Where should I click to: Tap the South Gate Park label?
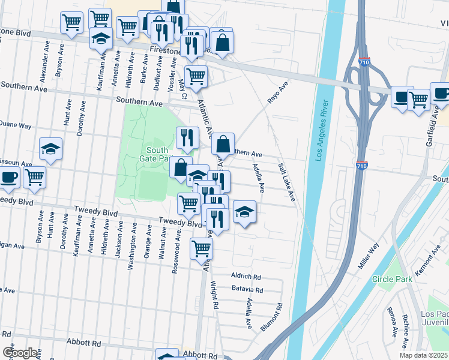pos(157,155)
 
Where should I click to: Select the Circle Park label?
pos(392,279)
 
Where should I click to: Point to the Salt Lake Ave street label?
pos(287,182)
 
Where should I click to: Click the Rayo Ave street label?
pos(278,93)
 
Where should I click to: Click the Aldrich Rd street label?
pos(246,277)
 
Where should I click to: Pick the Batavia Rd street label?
pos(247,290)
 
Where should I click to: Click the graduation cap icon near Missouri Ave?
pos(51,148)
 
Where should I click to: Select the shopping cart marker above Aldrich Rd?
pos(201,247)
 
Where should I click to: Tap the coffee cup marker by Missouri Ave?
pos(9,176)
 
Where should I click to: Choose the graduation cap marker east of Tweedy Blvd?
pos(244,212)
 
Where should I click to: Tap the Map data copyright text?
pos(424,355)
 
